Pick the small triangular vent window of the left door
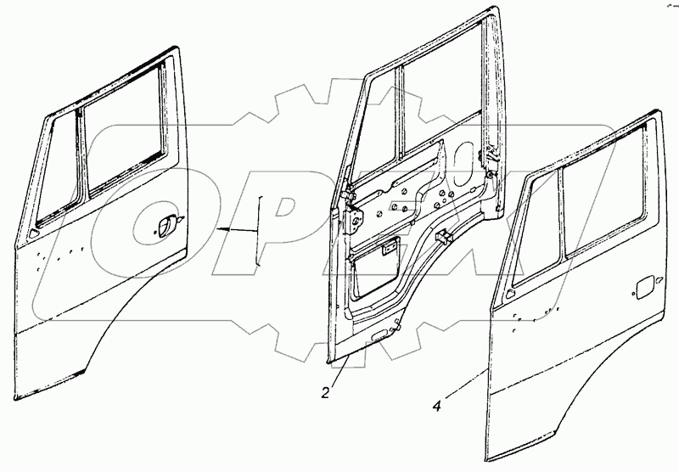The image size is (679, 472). tap(55, 170)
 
